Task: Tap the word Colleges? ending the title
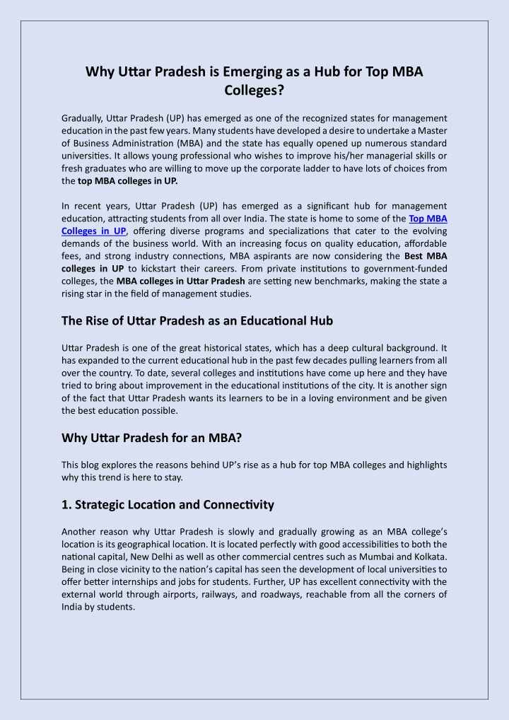(255, 91)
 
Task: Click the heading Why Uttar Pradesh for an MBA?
(152, 437)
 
